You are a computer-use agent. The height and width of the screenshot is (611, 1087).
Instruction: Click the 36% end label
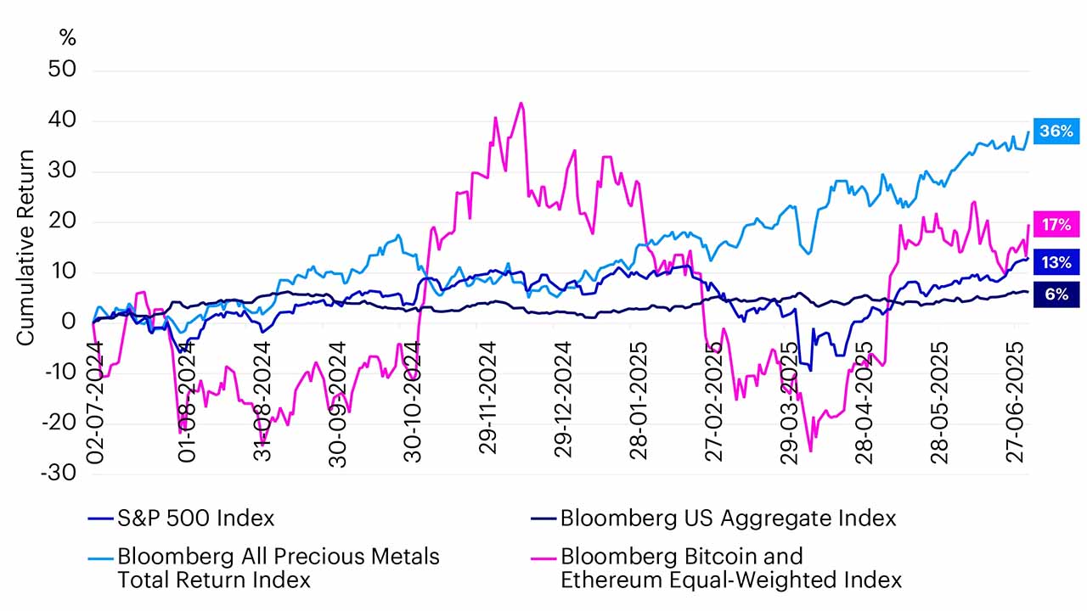(x=1056, y=132)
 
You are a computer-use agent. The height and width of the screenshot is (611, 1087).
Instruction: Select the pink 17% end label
(x=1056, y=225)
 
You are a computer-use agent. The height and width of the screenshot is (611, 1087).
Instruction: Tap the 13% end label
(x=1056, y=262)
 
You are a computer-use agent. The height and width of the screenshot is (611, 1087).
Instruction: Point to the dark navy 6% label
(x=1056, y=294)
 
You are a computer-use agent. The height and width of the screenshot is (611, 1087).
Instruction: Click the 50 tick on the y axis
(x=63, y=70)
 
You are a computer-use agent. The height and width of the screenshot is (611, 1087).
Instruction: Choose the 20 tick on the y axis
(x=63, y=221)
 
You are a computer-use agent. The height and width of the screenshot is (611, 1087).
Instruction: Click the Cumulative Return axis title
(x=25, y=247)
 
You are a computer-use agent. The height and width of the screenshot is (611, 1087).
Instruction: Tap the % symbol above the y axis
(x=67, y=37)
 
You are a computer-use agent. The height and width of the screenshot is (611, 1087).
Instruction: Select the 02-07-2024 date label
(x=94, y=401)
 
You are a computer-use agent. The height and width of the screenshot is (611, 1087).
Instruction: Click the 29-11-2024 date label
(x=488, y=401)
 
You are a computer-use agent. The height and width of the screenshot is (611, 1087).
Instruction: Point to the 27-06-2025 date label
(x=1017, y=401)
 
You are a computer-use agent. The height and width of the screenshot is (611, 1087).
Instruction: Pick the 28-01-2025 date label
(x=639, y=401)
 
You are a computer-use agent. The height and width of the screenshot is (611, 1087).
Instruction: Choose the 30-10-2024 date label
(x=414, y=401)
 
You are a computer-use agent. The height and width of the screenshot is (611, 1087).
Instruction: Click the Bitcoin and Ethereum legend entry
(x=730, y=569)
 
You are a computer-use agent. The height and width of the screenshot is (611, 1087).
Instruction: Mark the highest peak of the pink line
(x=521, y=104)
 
